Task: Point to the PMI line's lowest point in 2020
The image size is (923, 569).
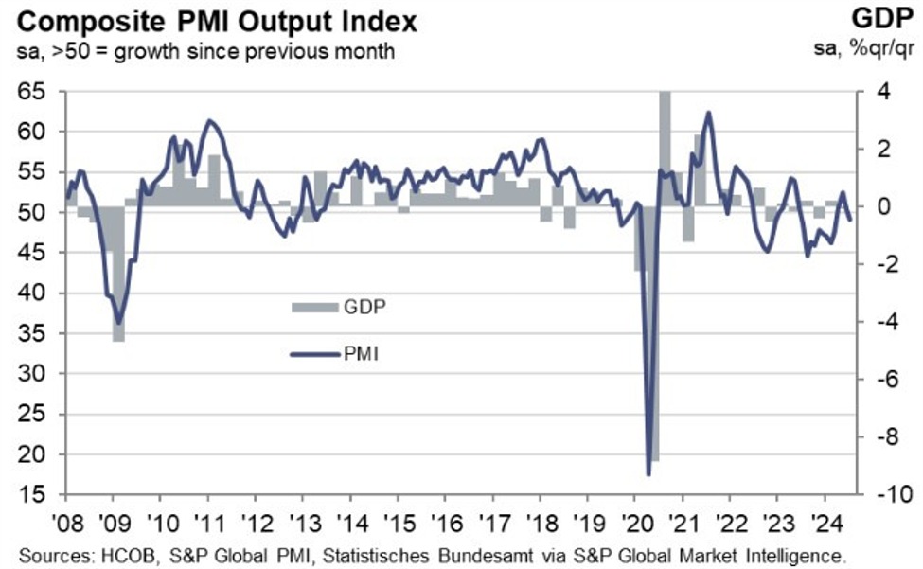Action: pyautogui.click(x=648, y=473)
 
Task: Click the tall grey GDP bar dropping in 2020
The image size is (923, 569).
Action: pyautogui.click(x=653, y=379)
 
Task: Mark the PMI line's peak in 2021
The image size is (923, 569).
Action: pyautogui.click(x=708, y=113)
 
